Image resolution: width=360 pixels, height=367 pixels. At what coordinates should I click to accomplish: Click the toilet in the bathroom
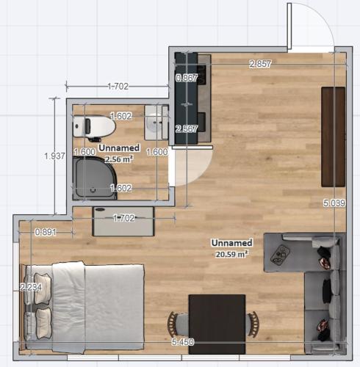click(x=94, y=127)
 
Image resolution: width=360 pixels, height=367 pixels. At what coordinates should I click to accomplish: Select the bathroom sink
click(x=156, y=123)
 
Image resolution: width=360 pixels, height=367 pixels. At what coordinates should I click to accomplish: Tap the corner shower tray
click(x=95, y=178)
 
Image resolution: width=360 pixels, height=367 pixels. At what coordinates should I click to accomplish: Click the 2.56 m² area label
click(x=119, y=159)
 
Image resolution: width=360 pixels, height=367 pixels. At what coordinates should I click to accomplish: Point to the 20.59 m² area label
click(x=231, y=254)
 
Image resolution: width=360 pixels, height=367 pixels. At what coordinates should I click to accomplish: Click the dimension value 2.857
click(x=260, y=64)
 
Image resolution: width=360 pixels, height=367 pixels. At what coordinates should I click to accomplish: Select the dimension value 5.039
click(x=334, y=203)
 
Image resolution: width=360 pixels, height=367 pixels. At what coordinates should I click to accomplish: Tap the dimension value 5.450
click(x=183, y=342)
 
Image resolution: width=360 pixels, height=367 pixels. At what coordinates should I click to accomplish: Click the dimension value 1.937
click(x=54, y=156)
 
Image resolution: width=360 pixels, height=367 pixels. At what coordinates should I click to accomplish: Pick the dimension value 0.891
click(x=46, y=232)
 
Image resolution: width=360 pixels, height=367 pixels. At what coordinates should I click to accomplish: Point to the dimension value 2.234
click(x=31, y=287)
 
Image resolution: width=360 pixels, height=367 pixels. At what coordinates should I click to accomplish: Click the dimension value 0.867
click(x=187, y=79)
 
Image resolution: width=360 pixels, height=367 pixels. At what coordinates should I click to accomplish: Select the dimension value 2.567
click(x=187, y=129)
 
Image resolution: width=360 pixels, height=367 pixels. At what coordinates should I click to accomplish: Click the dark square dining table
click(x=217, y=324)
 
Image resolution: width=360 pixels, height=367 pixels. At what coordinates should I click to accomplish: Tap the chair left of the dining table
click(x=178, y=324)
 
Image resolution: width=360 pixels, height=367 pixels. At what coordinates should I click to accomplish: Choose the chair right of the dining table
click(x=252, y=324)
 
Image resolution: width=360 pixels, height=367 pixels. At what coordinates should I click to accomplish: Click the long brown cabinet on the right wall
click(x=334, y=137)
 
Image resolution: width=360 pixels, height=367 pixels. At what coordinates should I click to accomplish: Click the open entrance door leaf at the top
click(x=289, y=26)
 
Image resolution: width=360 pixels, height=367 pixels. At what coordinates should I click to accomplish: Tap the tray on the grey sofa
click(x=281, y=255)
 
